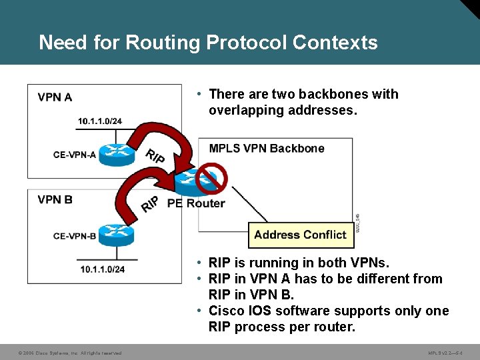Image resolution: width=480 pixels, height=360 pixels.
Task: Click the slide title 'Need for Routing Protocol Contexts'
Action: tap(208, 43)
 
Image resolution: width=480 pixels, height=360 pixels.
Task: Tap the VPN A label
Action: tap(55, 97)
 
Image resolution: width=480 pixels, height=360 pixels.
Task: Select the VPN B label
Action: tap(55, 199)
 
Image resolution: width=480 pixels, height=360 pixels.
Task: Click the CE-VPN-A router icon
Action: tap(117, 155)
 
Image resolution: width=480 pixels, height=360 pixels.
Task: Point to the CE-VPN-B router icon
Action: tap(117, 235)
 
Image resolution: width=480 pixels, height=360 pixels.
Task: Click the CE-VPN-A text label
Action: tap(75, 155)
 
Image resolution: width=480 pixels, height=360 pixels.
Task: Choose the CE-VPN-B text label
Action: tap(75, 235)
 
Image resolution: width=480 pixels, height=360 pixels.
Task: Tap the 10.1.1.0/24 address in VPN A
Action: tap(100, 121)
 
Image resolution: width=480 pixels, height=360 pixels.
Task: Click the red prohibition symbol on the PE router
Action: tap(214, 178)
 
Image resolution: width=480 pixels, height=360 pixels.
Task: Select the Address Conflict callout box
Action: tap(301, 235)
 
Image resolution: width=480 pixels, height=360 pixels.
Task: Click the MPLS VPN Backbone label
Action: tap(267, 148)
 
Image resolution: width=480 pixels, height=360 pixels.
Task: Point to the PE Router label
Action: tap(196, 203)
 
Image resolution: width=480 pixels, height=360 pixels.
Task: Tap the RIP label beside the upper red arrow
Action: tap(155, 157)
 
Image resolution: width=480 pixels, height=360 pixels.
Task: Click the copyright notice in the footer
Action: tap(70, 353)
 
